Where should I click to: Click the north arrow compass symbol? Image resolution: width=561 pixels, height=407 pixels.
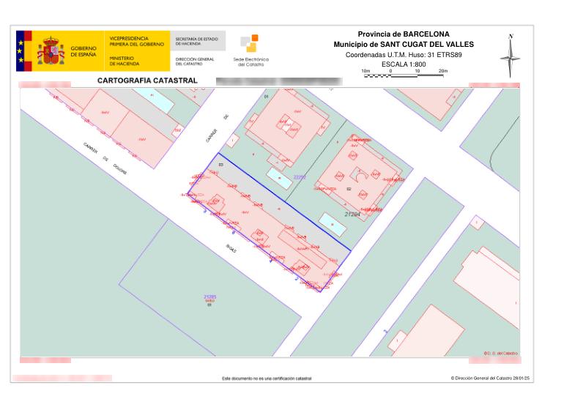point(510,56)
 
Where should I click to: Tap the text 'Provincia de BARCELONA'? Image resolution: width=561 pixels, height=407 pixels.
point(404,34)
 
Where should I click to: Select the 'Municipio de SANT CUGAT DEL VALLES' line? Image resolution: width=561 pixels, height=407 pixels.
point(404,45)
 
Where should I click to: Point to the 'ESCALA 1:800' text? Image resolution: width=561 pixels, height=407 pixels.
point(404,64)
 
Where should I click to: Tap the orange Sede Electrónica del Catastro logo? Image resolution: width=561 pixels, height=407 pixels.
point(249,44)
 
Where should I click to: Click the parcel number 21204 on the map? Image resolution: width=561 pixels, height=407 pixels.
point(355,214)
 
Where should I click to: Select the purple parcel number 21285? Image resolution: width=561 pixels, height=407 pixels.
point(209,296)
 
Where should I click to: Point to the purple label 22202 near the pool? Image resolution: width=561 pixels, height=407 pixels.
point(300,177)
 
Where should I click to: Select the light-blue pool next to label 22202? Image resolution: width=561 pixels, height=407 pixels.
point(278,177)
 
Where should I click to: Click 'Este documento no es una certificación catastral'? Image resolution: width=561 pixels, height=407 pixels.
point(267,378)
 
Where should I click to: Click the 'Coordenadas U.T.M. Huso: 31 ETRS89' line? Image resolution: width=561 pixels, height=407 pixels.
point(404,54)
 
